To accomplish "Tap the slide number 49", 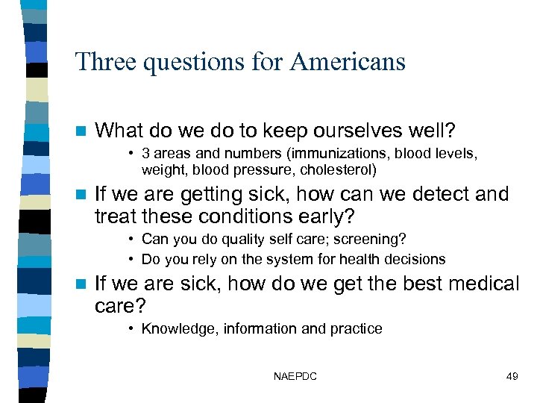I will (512, 376).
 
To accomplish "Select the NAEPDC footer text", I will (295, 376).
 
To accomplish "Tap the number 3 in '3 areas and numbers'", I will (146, 153).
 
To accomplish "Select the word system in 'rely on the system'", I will (280, 259).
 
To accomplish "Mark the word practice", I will (357, 328).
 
